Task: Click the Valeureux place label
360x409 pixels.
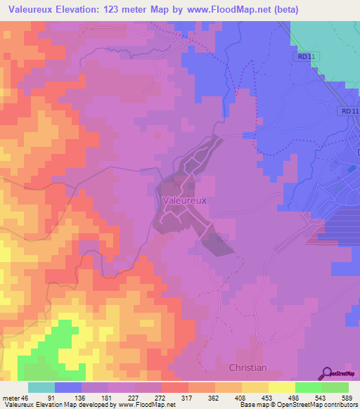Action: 184,200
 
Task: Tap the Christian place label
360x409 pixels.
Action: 247,368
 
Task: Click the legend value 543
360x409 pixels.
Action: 321,397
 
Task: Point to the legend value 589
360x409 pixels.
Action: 347,397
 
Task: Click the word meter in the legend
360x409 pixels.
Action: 10,397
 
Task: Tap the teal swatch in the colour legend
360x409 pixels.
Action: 41,387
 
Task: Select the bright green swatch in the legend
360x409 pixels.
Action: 309,387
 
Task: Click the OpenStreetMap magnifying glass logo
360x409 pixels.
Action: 328,374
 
